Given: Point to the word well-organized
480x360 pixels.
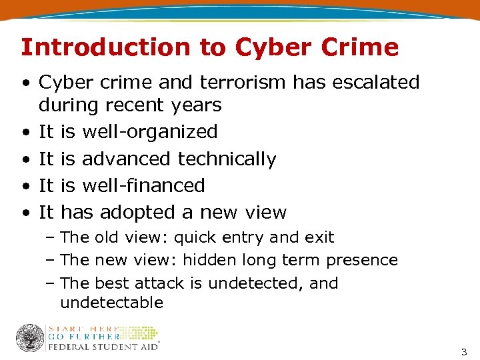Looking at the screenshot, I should [x=149, y=132].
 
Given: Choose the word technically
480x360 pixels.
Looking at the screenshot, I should [x=227, y=159].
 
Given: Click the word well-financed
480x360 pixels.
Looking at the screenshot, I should [x=143, y=185].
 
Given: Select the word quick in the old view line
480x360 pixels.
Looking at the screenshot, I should [x=197, y=237].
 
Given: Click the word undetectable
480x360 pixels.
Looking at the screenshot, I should [x=111, y=303].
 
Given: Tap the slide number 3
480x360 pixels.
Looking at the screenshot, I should [x=464, y=351].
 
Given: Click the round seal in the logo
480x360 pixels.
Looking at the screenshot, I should [x=29, y=338].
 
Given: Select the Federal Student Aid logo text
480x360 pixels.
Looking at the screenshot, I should [x=103, y=346].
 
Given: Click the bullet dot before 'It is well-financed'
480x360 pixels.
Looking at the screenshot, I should [x=24, y=186].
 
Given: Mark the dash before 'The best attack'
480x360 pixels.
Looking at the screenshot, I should [x=51, y=283].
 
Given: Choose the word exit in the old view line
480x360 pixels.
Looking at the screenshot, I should [x=322, y=237].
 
